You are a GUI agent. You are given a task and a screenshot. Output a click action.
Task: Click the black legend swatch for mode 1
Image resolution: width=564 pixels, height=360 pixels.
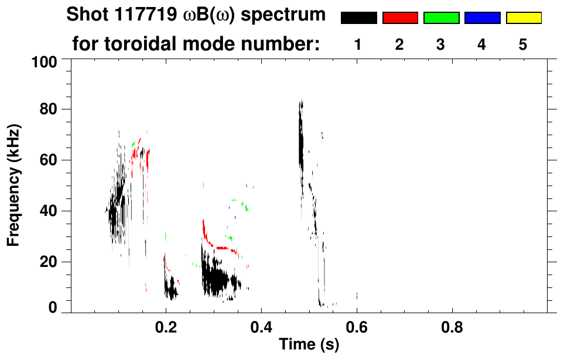tap(358, 18)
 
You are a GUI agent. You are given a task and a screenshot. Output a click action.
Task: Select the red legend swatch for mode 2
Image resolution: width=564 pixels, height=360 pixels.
tap(400, 18)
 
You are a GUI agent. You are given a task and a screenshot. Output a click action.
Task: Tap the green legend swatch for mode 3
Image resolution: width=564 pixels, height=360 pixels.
tap(441, 18)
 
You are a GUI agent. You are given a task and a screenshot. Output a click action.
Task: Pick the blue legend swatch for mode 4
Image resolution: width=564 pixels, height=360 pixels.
tap(482, 18)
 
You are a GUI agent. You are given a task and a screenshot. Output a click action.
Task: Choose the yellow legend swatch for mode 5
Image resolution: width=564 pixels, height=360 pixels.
tap(523, 18)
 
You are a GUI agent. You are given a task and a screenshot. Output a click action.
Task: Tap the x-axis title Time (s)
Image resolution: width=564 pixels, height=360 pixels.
tap(308, 345)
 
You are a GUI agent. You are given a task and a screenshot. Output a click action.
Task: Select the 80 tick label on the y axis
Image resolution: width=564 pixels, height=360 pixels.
tap(49, 109)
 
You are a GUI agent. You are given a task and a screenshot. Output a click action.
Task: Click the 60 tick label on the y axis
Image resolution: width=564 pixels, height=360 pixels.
tap(49, 160)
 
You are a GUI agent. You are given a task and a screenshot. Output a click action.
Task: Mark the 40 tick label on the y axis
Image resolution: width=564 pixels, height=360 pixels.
tap(49, 211)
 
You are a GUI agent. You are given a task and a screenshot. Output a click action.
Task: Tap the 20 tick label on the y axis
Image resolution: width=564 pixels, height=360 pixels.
tap(49, 262)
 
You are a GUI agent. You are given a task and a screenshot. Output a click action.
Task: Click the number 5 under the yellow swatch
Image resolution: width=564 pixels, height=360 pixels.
tap(523, 45)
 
